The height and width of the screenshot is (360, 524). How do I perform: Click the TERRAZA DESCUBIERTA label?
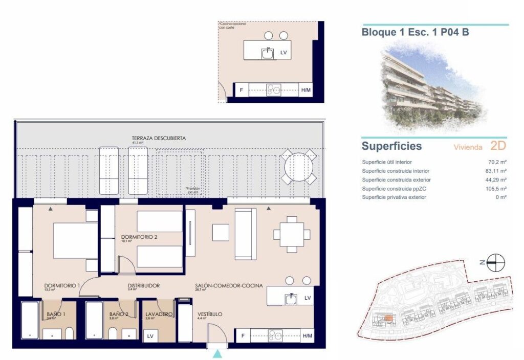coord(158,138)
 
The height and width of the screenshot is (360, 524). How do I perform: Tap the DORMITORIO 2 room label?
coord(139,237)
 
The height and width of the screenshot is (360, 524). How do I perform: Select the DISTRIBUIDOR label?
coord(144,286)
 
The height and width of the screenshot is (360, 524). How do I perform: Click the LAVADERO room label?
coord(159,314)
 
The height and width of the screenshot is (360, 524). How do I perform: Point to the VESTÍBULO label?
coord(210,314)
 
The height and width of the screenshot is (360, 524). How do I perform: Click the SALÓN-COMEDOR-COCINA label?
coord(229,286)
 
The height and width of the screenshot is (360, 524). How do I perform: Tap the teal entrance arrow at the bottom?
coord(218,354)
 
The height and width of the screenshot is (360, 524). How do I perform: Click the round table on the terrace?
coord(298,167)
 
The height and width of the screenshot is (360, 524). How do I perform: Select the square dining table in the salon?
coord(292,234)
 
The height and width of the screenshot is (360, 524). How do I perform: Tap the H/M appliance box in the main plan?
coord(307,335)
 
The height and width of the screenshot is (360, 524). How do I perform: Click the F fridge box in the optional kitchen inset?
coord(241,91)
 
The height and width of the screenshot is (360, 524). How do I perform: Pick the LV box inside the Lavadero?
coord(150,336)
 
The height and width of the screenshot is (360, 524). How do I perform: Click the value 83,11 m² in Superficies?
coord(496,171)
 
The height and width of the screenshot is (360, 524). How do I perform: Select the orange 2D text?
coord(498,146)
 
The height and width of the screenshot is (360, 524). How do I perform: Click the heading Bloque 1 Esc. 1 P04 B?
coord(415,32)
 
